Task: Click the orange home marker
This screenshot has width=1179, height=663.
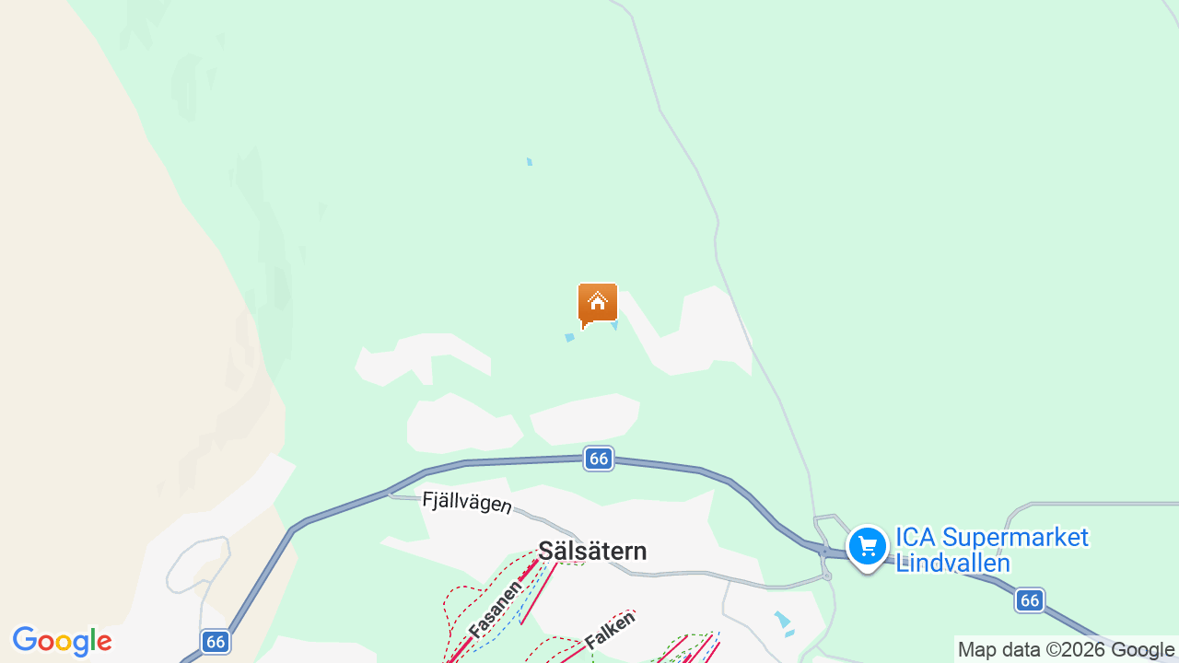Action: pyautogui.click(x=598, y=304)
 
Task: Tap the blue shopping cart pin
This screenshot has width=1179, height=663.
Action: pyautogui.click(x=867, y=546)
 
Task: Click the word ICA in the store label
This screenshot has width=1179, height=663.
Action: pyautogui.click(x=917, y=538)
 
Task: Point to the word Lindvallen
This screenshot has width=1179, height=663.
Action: pyautogui.click(x=952, y=563)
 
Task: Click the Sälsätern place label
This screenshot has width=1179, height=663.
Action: pyautogui.click(x=592, y=552)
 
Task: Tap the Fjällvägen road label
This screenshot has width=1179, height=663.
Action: pyautogui.click(x=466, y=503)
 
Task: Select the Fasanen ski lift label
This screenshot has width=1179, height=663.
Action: pyautogui.click(x=496, y=607)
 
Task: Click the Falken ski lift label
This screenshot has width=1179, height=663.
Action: pyautogui.click(x=610, y=631)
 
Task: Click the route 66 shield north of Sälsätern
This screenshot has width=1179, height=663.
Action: pyautogui.click(x=599, y=459)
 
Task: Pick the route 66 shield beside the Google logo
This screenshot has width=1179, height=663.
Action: pyautogui.click(x=216, y=642)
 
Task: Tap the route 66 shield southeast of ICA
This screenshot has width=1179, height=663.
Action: pyautogui.click(x=1030, y=600)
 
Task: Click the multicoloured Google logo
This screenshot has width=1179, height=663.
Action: pyautogui.click(x=62, y=642)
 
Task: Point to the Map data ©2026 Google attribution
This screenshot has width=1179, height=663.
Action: pyautogui.click(x=1066, y=650)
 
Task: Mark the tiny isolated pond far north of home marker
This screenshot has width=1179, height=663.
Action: pyautogui.click(x=530, y=162)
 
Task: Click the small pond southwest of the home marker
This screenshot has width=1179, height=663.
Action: pyautogui.click(x=569, y=338)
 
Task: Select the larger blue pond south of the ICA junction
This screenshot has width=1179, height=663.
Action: pyautogui.click(x=782, y=620)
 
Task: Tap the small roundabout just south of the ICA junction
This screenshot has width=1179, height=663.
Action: pyautogui.click(x=827, y=576)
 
